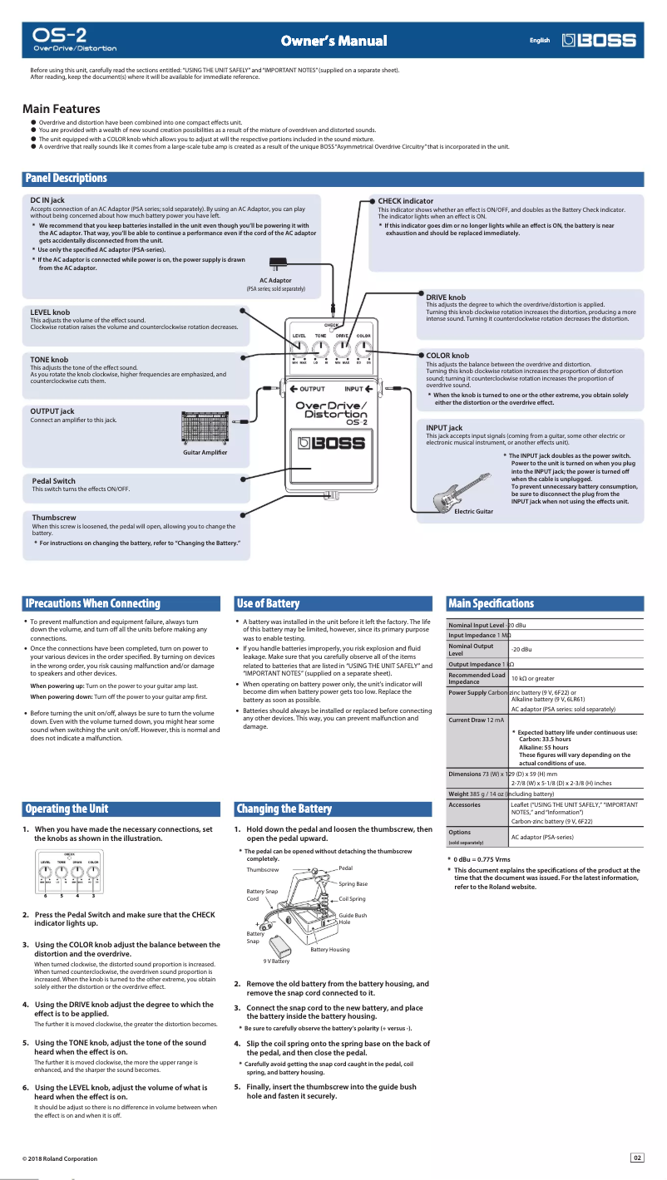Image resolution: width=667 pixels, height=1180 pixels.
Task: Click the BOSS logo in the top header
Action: (x=600, y=40)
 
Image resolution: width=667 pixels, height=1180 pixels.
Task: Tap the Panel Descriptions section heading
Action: (x=67, y=179)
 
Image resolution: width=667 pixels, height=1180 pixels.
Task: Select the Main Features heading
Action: (x=62, y=109)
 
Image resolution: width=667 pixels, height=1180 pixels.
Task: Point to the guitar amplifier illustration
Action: (x=205, y=426)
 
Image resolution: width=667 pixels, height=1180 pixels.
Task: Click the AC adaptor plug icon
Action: (x=279, y=264)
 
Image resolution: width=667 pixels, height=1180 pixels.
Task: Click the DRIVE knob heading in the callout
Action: (x=446, y=297)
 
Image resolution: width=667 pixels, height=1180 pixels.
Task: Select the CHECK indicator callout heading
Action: (x=405, y=201)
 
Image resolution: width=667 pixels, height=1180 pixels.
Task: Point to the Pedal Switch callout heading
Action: (x=54, y=481)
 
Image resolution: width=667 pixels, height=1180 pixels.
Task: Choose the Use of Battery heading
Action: (x=268, y=603)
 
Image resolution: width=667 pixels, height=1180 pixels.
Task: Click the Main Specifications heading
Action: (x=491, y=603)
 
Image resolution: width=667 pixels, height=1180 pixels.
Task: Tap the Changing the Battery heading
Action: (x=284, y=809)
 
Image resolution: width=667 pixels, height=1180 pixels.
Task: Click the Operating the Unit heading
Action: (x=67, y=809)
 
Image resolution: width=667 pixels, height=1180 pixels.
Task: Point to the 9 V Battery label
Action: (x=276, y=961)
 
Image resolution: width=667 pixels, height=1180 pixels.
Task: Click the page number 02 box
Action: (x=638, y=1158)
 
